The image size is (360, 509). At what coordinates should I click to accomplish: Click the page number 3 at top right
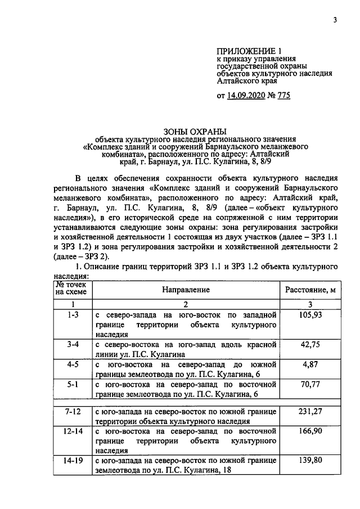tap(335, 21)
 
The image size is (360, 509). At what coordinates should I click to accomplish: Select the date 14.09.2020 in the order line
tap(248, 96)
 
